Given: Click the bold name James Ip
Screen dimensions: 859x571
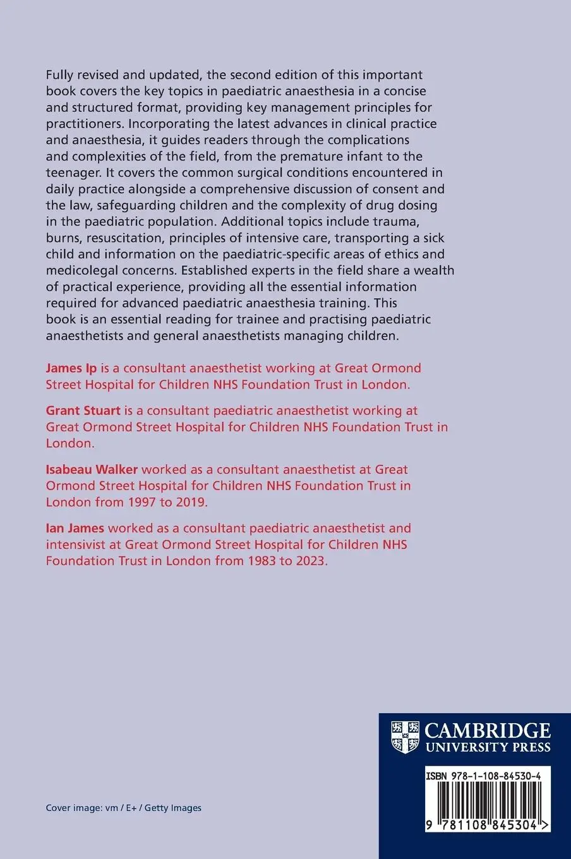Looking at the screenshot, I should click(x=71, y=368).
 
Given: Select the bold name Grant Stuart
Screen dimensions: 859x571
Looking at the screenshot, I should click(x=83, y=411).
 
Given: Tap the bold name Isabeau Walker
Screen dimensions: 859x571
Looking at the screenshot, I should click(x=91, y=469).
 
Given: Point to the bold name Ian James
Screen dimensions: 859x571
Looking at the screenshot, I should click(x=75, y=528).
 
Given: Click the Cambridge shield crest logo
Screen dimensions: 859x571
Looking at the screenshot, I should click(x=405, y=737).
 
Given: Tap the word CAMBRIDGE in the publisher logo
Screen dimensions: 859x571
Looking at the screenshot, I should click(x=488, y=731).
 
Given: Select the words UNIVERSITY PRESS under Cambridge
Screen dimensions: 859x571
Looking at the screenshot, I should click(x=488, y=748).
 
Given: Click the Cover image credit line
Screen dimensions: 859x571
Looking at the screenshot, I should click(x=124, y=808).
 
